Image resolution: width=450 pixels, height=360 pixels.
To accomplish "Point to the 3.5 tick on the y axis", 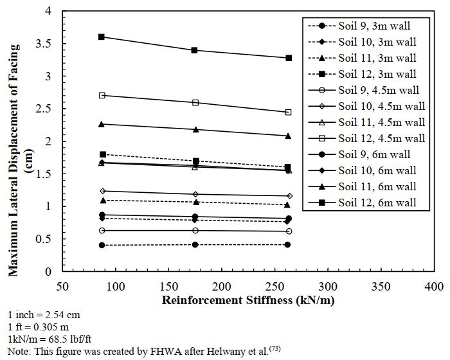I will tap(62, 44).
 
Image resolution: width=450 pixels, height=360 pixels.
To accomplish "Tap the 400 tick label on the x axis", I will tap(435, 285).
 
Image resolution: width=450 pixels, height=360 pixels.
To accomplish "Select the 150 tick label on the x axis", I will tap(169, 285).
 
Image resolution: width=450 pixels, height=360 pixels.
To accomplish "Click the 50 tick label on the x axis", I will tap(62, 285).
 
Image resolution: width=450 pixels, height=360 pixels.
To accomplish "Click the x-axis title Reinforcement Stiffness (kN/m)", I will tap(248, 300).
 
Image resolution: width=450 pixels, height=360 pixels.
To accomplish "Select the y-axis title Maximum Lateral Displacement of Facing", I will tap(14, 142).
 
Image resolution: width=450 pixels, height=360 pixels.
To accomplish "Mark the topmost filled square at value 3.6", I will tap(102, 37).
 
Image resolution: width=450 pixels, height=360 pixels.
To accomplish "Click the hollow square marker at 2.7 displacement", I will tap(102, 95).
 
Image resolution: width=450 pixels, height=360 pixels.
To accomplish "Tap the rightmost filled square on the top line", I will tap(289, 58).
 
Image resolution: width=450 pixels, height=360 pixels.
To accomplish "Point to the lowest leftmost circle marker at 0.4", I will tap(102, 245).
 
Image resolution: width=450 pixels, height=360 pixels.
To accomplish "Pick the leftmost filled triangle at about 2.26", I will tap(102, 124).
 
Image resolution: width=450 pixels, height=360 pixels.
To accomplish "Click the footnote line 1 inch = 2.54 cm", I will tap(36, 316).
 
